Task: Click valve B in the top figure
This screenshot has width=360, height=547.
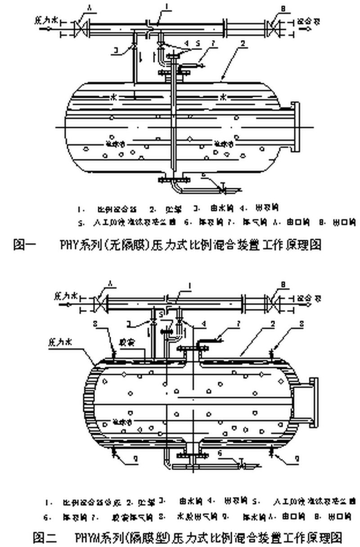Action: point(271,25)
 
